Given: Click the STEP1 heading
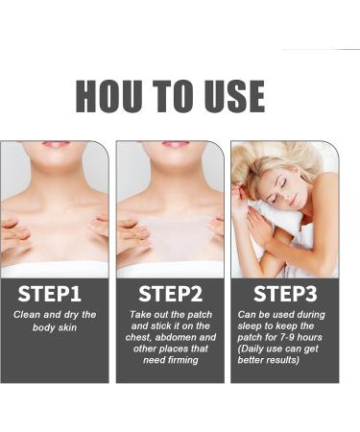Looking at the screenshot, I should coord(54,294).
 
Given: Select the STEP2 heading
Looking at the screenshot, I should coord(170,294).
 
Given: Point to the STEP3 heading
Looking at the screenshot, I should coord(285,294).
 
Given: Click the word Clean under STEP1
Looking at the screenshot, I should coord(29,315).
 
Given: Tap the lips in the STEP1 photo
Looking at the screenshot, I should coord(56,145).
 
